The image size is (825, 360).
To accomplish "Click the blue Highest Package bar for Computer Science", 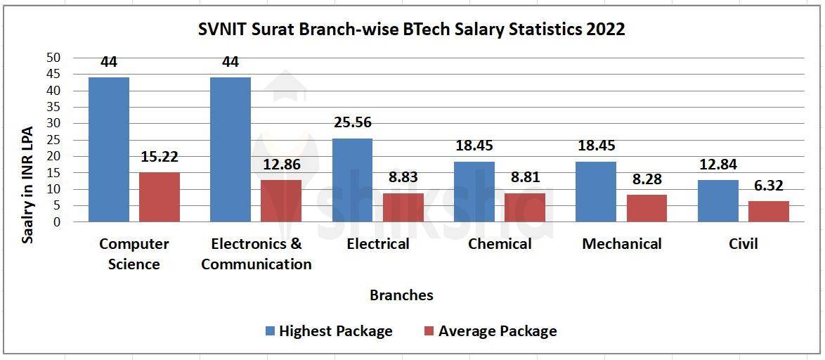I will point(109,149).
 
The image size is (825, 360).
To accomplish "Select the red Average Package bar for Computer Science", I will point(160,197).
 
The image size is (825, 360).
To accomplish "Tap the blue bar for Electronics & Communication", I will point(230,149).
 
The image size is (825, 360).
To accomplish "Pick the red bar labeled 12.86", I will point(281,201).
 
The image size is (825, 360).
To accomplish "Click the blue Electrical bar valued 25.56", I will point(352,180).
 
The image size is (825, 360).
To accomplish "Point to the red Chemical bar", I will point(524,207).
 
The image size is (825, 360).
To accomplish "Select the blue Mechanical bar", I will point(595,192).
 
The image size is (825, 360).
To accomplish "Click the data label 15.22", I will point(160,159).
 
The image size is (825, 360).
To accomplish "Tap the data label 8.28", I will point(646,179).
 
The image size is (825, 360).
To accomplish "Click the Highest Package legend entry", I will point(329,331).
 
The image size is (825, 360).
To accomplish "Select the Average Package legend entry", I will point(490,331).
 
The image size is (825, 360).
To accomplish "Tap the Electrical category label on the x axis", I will point(378,244).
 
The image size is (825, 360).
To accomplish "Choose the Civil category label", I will point(743,244).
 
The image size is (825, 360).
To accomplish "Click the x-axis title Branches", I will point(401,295).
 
